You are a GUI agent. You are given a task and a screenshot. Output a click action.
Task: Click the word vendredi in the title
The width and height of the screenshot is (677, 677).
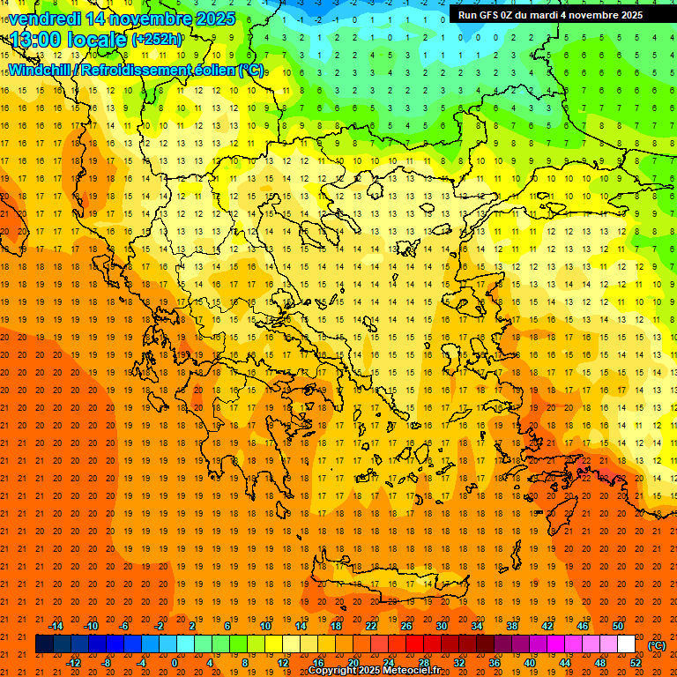[45, 19]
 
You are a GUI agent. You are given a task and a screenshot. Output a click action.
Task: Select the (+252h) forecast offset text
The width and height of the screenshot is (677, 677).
[157, 39]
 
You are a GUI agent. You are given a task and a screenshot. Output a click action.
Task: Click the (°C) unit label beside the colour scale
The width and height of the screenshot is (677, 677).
[657, 645]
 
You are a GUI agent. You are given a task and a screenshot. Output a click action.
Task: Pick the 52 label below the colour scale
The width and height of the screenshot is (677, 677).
[636, 663]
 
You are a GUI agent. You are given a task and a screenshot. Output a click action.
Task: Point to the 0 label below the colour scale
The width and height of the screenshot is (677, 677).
[175, 663]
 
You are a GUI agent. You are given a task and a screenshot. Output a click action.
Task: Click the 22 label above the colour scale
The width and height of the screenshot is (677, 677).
[371, 626]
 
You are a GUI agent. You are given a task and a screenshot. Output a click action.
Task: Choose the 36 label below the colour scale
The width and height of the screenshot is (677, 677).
[495, 663]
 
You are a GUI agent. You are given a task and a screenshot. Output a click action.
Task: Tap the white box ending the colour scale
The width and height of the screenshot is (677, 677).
[627, 644]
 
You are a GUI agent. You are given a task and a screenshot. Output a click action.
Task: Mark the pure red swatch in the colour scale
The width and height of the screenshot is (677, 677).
[415, 644]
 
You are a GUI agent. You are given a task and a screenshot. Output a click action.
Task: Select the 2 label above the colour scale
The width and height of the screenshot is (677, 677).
[192, 626]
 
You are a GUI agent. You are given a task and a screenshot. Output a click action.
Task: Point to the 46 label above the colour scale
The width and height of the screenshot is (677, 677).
[583, 626]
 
